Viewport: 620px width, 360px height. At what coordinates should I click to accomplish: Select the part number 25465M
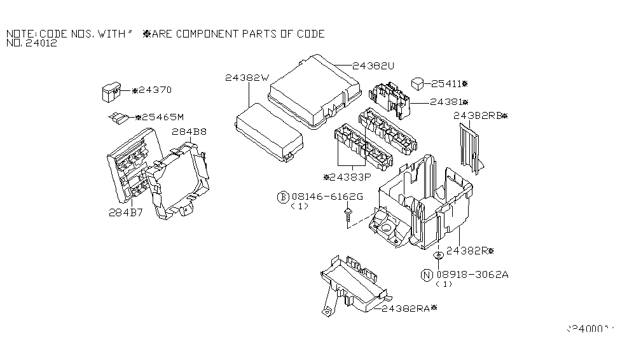tap(162, 117)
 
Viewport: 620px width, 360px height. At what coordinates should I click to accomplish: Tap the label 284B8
tap(188, 132)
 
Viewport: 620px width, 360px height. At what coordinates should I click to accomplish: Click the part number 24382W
tap(247, 78)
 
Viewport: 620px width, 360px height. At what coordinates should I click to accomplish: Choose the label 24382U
tap(374, 66)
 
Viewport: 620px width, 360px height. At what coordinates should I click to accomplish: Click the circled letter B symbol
tap(282, 197)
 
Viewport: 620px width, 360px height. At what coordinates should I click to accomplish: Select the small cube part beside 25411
tap(418, 83)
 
